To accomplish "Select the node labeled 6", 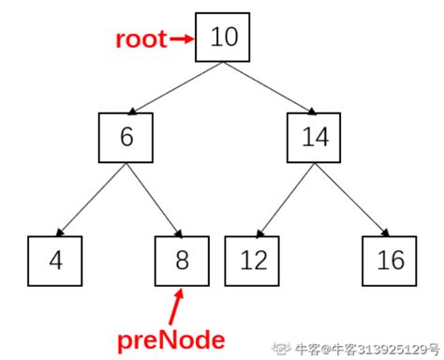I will tap(126, 137).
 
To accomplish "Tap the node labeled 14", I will tap(315, 137).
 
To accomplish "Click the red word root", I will tap(141, 39).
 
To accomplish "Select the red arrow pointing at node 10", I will tap(182, 39).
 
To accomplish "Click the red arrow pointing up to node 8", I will tap(177, 306).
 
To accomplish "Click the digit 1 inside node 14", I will tap(305, 138).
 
